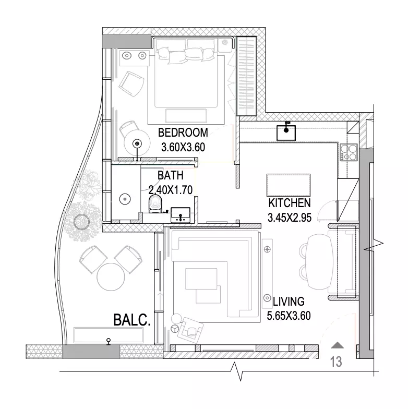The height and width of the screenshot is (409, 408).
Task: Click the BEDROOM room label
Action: pyautogui.click(x=183, y=133)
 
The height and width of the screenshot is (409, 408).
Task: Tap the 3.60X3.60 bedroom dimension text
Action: pyautogui.click(x=183, y=147)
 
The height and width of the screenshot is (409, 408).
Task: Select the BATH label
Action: pyautogui.click(x=170, y=175)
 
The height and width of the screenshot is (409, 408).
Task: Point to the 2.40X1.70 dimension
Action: pyautogui.click(x=171, y=190)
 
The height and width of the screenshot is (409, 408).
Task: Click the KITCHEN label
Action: pyautogui.click(x=290, y=203)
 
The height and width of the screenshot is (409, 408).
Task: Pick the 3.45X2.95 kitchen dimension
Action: pyautogui.click(x=290, y=218)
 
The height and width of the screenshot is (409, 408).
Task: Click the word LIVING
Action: pyautogui.click(x=289, y=302)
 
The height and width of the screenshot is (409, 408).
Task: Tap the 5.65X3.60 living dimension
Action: pyautogui.click(x=289, y=316)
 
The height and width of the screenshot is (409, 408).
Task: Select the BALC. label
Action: pyautogui.click(x=132, y=320)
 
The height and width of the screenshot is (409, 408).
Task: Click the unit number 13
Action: pyautogui.click(x=336, y=362)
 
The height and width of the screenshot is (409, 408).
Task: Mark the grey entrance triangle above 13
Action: pyautogui.click(x=337, y=345)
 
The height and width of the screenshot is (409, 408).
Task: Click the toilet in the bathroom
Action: pyautogui.click(x=155, y=203)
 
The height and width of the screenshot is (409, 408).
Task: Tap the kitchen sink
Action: pyautogui.click(x=286, y=133)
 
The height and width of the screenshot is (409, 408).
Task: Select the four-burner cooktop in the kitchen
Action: pyautogui.click(x=349, y=152)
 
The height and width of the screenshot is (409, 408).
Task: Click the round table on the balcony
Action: pyautogui.click(x=111, y=276)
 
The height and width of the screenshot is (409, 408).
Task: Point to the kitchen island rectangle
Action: pyautogui.click(x=288, y=185)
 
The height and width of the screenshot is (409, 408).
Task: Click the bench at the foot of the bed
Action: pyautogui.click(x=186, y=116)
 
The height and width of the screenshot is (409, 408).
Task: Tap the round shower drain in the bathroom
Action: pyautogui.click(x=125, y=199)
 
